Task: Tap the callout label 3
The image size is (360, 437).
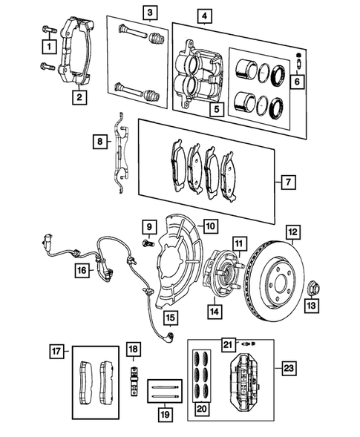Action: (x=150, y=13)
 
